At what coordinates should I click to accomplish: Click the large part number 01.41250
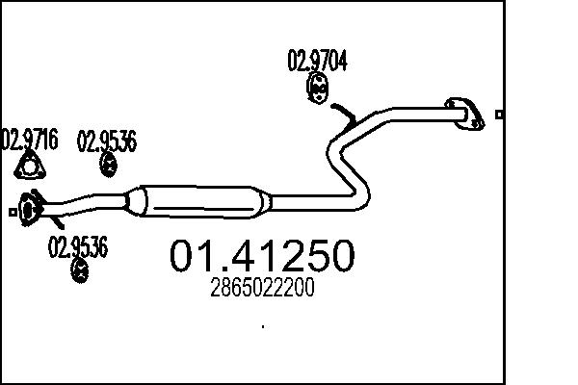(x=262, y=255)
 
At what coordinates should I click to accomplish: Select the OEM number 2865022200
(x=262, y=288)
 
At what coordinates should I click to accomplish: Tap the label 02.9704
(x=317, y=62)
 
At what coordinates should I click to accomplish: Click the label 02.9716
(x=30, y=140)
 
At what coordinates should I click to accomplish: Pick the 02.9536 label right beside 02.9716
(x=107, y=141)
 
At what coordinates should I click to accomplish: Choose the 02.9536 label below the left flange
(x=78, y=246)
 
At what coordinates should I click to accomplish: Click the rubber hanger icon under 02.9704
(x=317, y=88)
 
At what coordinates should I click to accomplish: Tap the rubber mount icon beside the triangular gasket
(x=108, y=165)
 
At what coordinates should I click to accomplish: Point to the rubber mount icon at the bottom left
(x=79, y=270)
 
